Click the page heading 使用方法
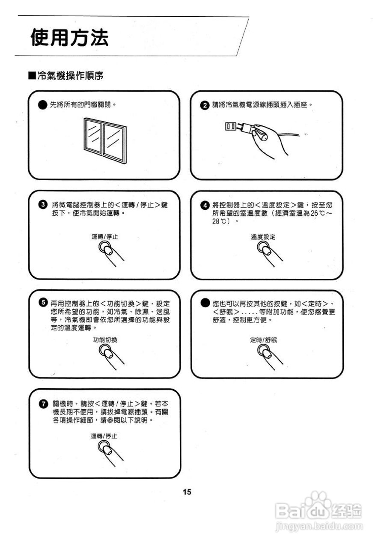click(x=69, y=38)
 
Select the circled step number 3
click(x=43, y=205)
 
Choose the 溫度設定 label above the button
click(x=263, y=237)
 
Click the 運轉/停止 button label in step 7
click(x=104, y=436)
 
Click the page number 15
click(x=187, y=492)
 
